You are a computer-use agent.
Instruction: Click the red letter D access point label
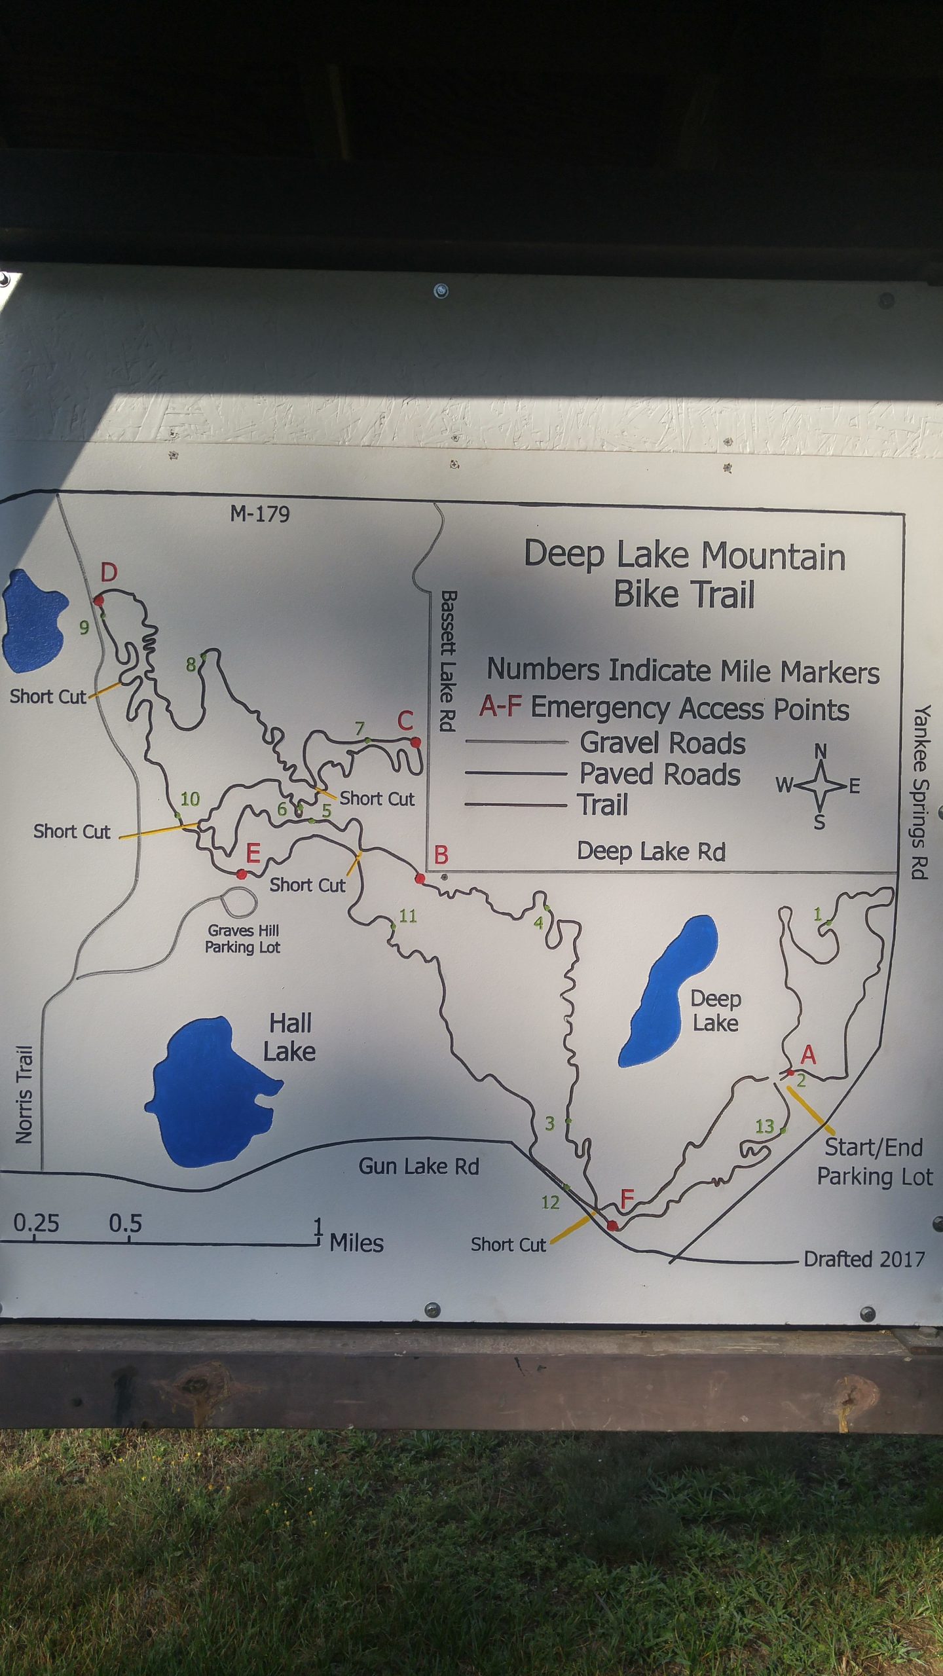(x=109, y=573)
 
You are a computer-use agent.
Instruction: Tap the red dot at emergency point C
(x=415, y=742)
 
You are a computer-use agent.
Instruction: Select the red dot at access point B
(x=420, y=879)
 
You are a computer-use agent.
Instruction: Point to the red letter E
(x=253, y=854)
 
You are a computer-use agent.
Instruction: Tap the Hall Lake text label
(x=289, y=1038)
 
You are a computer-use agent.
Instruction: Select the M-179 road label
(x=260, y=515)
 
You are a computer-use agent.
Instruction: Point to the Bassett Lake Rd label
(x=447, y=661)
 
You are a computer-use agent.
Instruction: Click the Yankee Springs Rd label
(x=921, y=792)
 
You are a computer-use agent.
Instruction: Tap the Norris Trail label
(x=24, y=1095)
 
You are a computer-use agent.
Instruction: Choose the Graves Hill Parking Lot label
(x=243, y=939)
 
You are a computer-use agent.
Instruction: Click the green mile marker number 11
(x=408, y=916)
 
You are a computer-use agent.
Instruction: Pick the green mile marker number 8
(x=191, y=665)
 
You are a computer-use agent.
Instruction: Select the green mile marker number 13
(x=764, y=1126)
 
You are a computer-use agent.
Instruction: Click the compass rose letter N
(x=820, y=752)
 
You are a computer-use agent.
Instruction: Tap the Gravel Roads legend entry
(x=662, y=743)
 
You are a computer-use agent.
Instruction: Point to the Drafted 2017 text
(x=864, y=1259)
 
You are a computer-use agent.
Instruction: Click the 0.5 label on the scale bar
(x=125, y=1223)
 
